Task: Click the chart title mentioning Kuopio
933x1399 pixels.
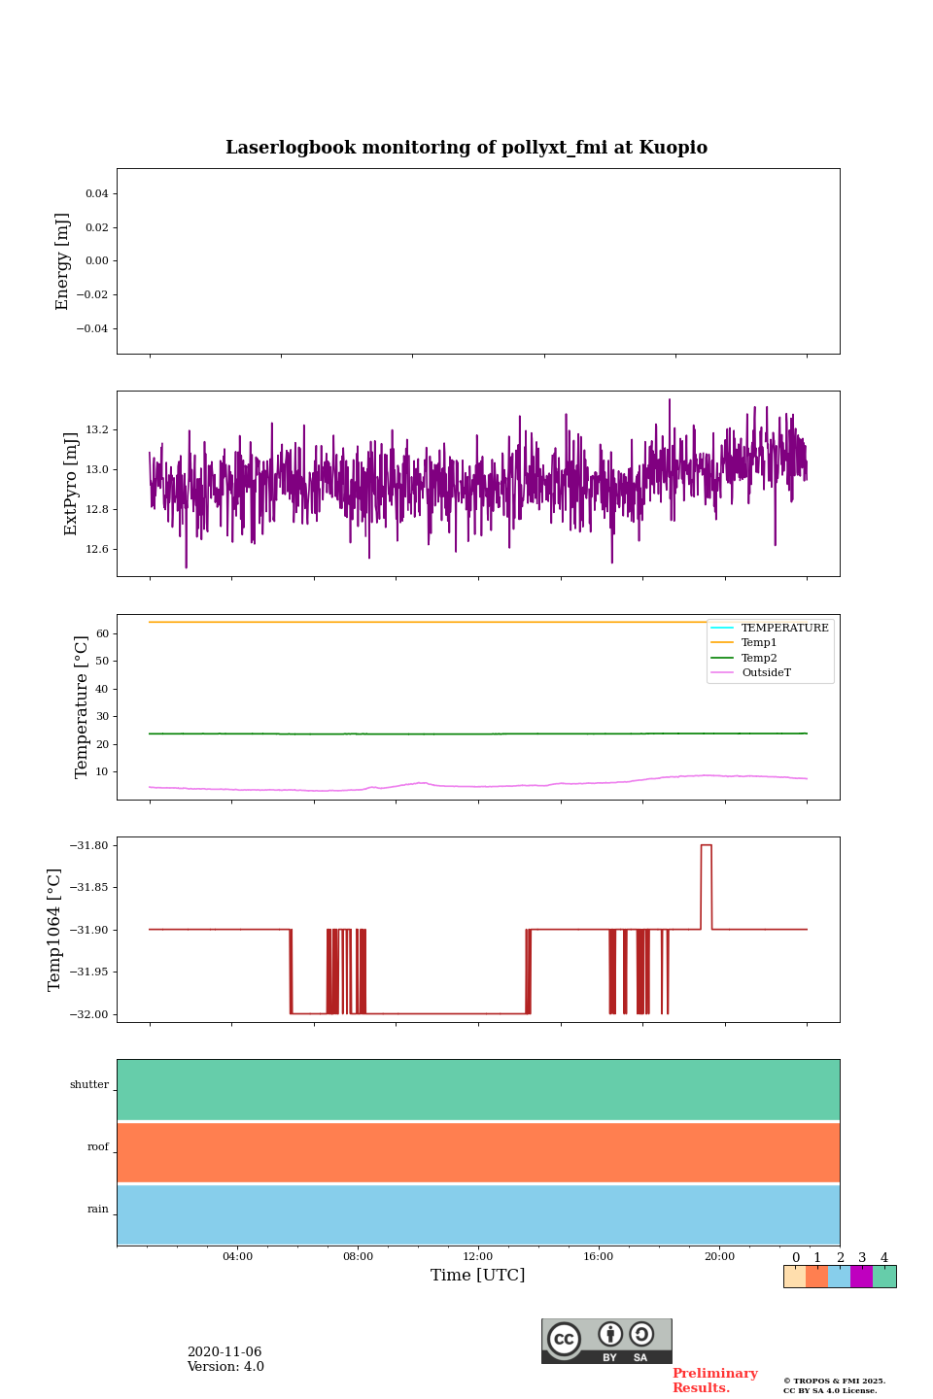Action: point(466,148)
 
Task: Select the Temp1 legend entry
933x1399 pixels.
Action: point(759,643)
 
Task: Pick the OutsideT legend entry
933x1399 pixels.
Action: point(766,673)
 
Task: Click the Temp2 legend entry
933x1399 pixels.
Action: point(759,658)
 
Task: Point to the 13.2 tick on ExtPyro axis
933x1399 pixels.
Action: point(97,429)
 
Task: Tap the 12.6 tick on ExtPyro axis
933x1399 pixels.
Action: point(97,549)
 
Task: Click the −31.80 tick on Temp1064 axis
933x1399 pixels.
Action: point(89,845)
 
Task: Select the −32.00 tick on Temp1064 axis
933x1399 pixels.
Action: point(89,1014)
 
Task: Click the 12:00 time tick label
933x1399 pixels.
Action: point(478,1257)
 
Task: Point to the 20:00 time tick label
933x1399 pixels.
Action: point(719,1257)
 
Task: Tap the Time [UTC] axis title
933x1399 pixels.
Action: point(478,1276)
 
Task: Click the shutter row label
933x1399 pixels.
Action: point(89,1085)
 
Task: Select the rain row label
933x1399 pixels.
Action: point(98,1210)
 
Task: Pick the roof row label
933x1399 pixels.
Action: point(98,1147)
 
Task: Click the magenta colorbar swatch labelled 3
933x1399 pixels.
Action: point(861,1277)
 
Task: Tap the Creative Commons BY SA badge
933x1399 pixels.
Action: point(606,1341)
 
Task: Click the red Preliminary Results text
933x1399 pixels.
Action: point(714,1381)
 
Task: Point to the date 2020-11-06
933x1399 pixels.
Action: point(225,1352)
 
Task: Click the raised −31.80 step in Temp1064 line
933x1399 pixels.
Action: point(707,845)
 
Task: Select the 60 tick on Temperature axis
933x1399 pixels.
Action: point(102,633)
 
